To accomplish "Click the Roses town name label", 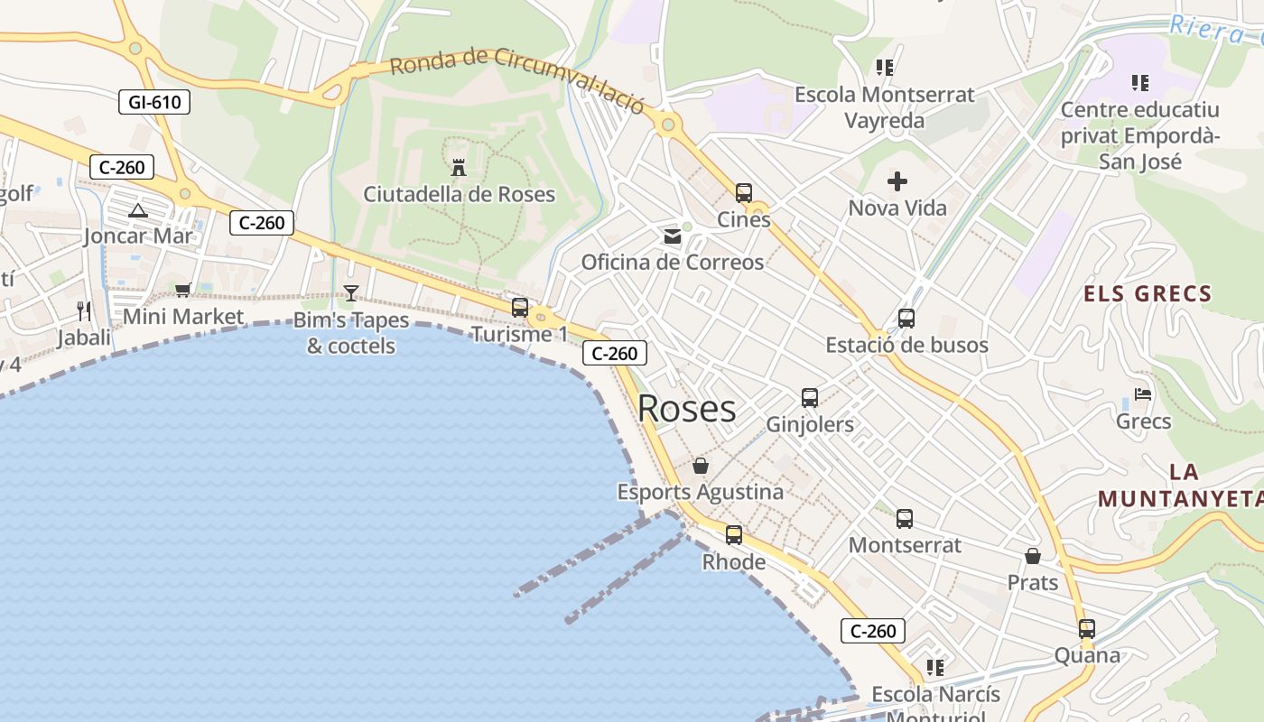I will pyautogui.click(x=686, y=409).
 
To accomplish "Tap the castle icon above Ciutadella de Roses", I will pyautogui.click(x=459, y=168).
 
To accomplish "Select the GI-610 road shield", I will pyautogui.click(x=154, y=102).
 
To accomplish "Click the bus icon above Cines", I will pyautogui.click(x=743, y=193).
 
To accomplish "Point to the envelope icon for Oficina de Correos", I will pyautogui.click(x=673, y=236).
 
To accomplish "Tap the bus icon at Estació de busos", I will pyautogui.click(x=906, y=319).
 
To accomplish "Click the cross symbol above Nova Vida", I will pyautogui.click(x=897, y=182).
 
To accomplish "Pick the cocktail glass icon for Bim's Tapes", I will pyautogui.click(x=351, y=293).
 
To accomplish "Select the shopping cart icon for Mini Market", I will pyautogui.click(x=183, y=290).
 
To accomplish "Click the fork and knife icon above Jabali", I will pyautogui.click(x=84, y=311).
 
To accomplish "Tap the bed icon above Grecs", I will pyautogui.click(x=1143, y=395).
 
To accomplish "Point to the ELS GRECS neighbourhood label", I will pyautogui.click(x=1147, y=293).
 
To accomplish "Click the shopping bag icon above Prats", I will pyautogui.click(x=1033, y=557).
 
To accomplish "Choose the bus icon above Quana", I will pyautogui.click(x=1087, y=629).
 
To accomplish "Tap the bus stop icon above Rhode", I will pyautogui.click(x=734, y=535).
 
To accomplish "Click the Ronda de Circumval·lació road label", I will pyautogui.click(x=518, y=79).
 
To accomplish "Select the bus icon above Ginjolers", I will pyautogui.click(x=810, y=398).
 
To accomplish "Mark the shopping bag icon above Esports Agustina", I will pyautogui.click(x=701, y=467).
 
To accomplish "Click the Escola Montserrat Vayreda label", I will pyautogui.click(x=885, y=107).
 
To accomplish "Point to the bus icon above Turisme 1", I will pyautogui.click(x=520, y=308).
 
